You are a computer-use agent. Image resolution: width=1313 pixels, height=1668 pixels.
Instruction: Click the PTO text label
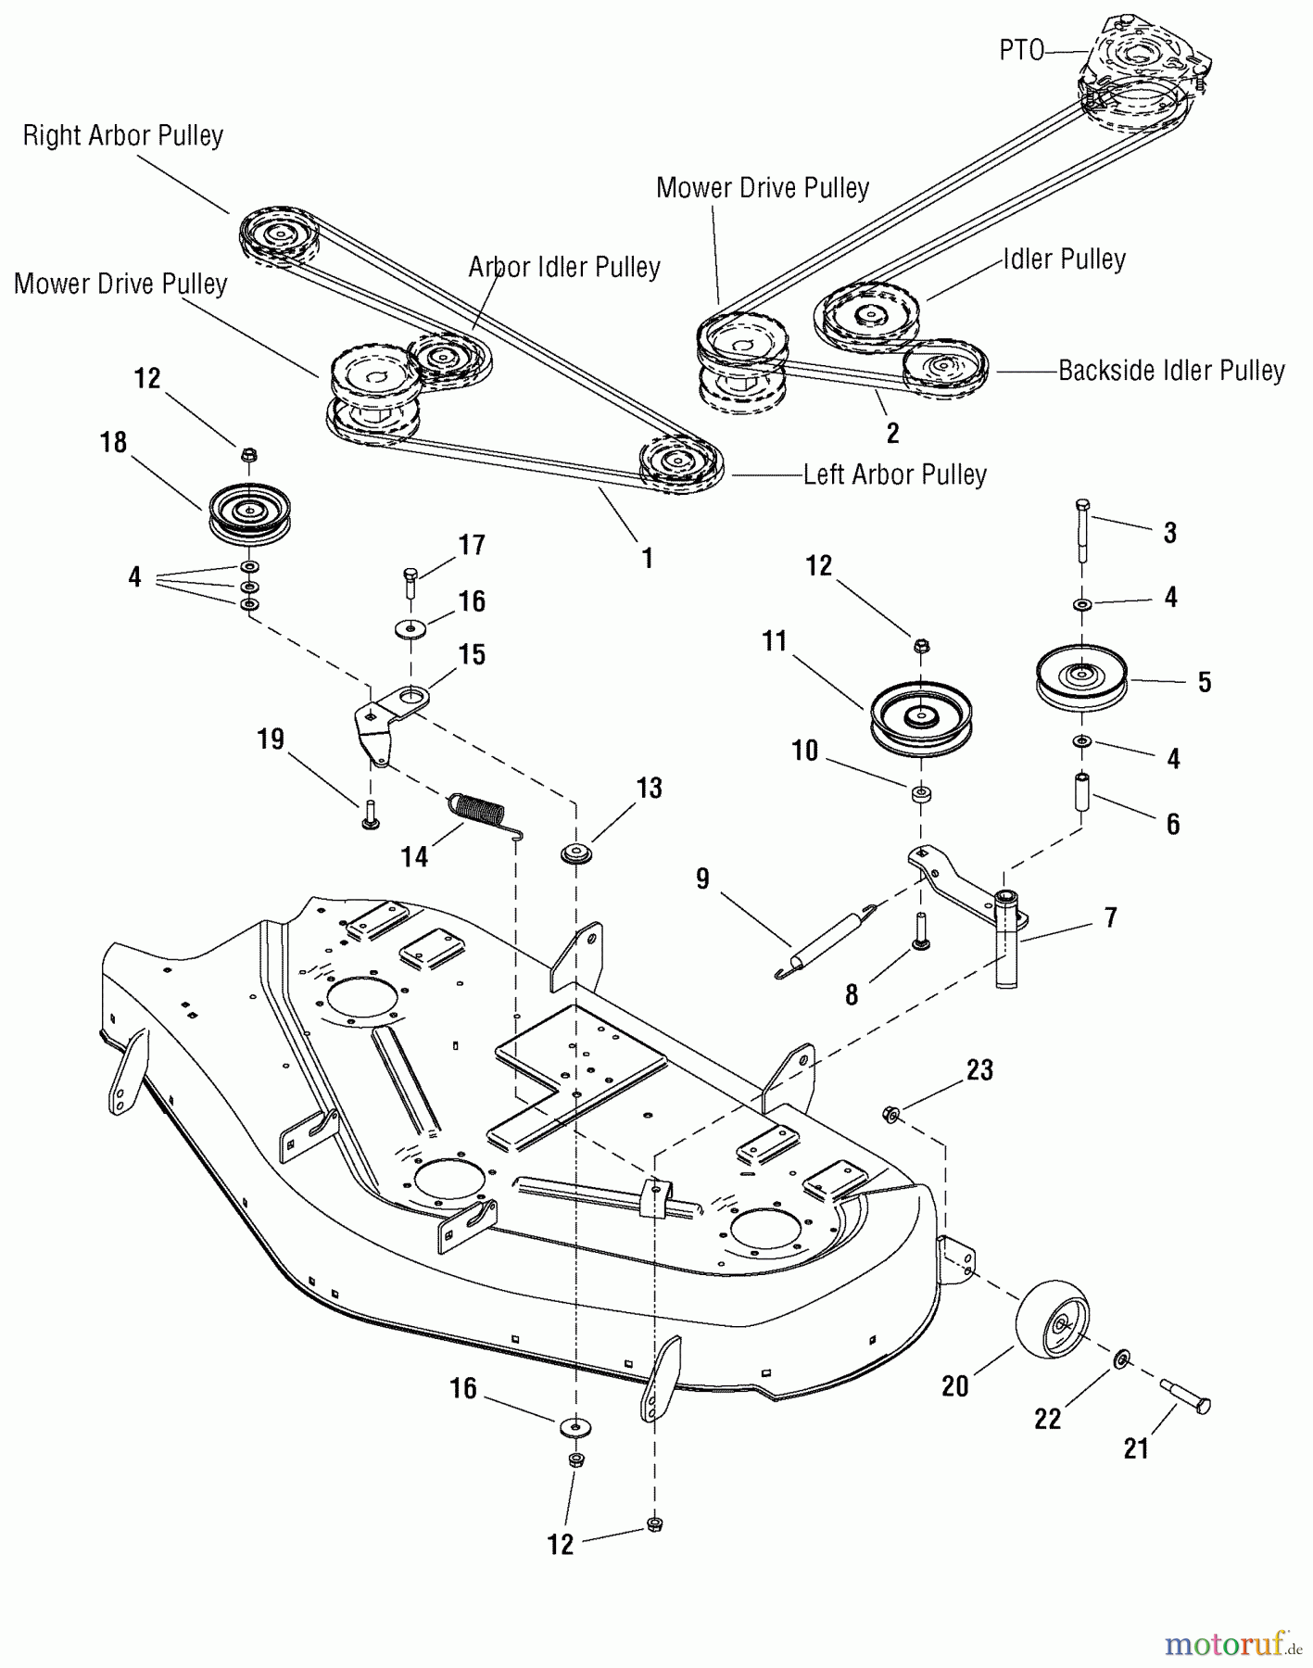[1021, 50]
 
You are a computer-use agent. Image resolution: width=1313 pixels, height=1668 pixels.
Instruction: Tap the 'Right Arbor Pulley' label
[123, 136]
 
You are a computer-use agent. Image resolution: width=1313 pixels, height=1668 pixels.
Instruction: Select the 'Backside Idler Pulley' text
[1171, 371]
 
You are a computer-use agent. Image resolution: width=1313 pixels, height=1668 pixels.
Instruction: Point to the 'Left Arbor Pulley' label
[894, 474]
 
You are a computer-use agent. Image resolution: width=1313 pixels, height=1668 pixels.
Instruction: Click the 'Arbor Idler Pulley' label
[563, 267]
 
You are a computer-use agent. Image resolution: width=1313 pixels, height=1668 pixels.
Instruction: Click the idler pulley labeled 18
[249, 512]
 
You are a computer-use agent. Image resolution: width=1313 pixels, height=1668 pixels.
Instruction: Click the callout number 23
[979, 1069]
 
